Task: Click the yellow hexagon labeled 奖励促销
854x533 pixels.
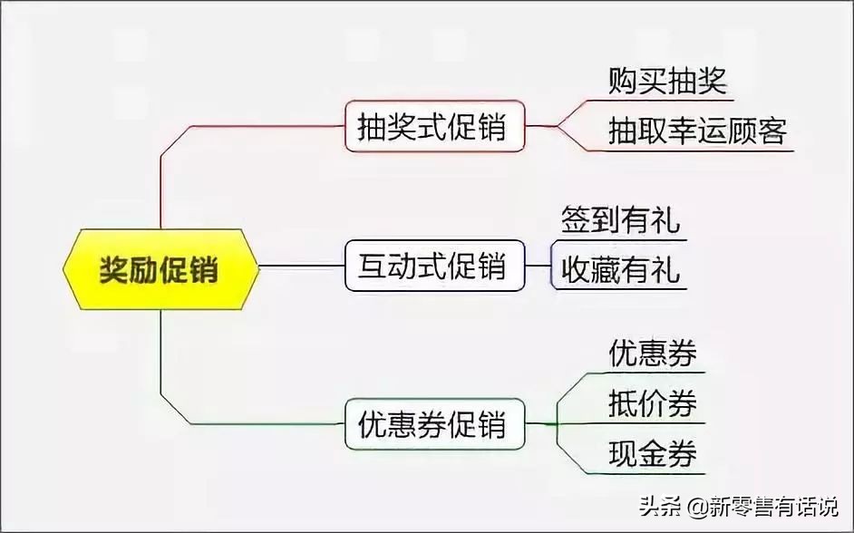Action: pyautogui.click(x=160, y=269)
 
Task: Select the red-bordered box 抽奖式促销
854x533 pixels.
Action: pyautogui.click(x=435, y=126)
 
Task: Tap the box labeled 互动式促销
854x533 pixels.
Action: pyautogui.click(x=435, y=266)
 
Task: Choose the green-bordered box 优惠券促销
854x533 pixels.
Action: pyautogui.click(x=435, y=423)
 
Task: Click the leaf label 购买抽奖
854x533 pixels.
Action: pyautogui.click(x=668, y=82)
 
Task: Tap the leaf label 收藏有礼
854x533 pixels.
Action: pyautogui.click(x=620, y=270)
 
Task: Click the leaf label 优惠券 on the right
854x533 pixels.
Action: pyautogui.click(x=653, y=354)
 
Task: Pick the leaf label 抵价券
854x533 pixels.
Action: pyautogui.click(x=653, y=403)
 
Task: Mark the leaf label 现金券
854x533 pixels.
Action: pyautogui.click(x=653, y=453)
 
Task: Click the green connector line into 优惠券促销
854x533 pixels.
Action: pyautogui.click(x=254, y=423)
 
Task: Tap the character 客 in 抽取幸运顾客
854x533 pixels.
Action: pyautogui.click(x=773, y=132)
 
